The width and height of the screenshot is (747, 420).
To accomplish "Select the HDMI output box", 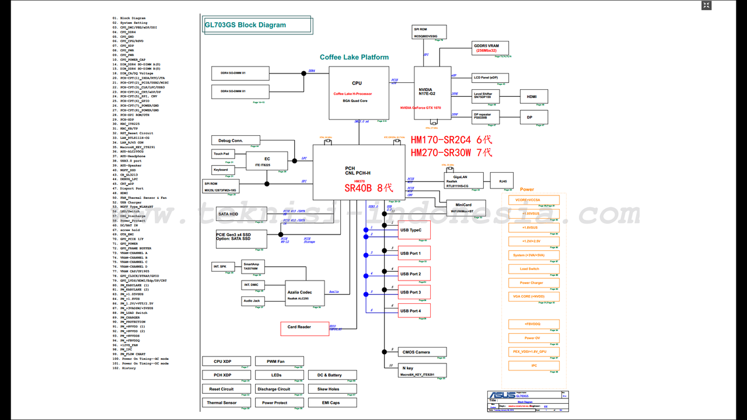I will coord(532,96).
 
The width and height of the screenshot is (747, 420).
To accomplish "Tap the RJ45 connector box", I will coord(502,181).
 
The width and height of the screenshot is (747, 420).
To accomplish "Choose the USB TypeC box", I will coord(414,230).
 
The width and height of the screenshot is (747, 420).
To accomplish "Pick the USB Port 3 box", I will coord(414,292).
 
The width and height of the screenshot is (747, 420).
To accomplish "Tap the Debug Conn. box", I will coord(235,141).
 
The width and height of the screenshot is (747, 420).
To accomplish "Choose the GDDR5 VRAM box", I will coord(490,48).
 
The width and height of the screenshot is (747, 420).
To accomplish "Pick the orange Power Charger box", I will coord(533,283).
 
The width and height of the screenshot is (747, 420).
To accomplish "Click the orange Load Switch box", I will coord(533,269).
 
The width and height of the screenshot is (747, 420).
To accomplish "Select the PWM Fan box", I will coord(275,362).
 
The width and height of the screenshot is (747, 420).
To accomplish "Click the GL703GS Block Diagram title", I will coord(246,25).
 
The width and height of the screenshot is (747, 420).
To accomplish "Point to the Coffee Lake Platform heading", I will coord(354,57).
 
